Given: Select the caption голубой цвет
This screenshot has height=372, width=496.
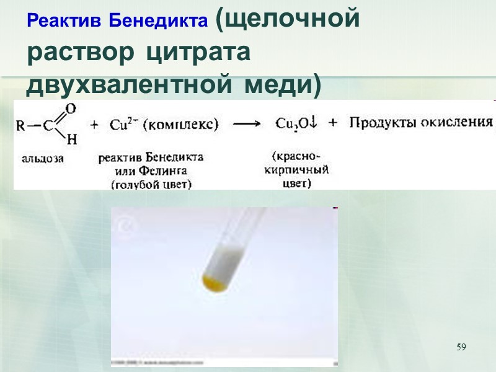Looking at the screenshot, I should coord(151,184).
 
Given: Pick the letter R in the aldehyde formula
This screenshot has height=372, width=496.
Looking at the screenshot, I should coord(21,125).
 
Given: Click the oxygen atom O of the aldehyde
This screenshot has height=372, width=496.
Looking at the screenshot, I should coord(70,109).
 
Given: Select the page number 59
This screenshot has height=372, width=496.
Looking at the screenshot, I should coord(461,346).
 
